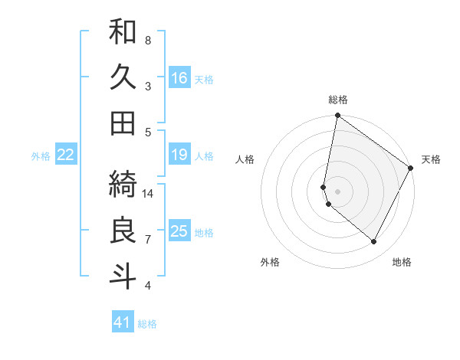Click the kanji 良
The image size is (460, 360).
(123, 230)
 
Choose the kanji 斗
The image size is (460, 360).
(123, 276)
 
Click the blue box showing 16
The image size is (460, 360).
(179, 78)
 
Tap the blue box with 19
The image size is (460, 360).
(179, 155)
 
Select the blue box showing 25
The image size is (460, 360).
(179, 231)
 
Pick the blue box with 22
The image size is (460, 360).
(66, 155)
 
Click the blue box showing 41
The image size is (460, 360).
(123, 322)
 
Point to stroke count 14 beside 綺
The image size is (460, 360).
(148, 193)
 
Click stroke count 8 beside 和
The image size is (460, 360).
(148, 40)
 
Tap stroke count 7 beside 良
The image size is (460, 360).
(148, 239)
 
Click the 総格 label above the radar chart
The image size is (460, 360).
(338, 100)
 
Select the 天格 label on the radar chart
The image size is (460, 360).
(431, 159)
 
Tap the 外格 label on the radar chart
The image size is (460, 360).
(270, 262)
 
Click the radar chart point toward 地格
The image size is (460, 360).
(374, 242)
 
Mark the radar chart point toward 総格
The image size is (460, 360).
(337, 116)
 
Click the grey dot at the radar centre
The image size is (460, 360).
(338, 191)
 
